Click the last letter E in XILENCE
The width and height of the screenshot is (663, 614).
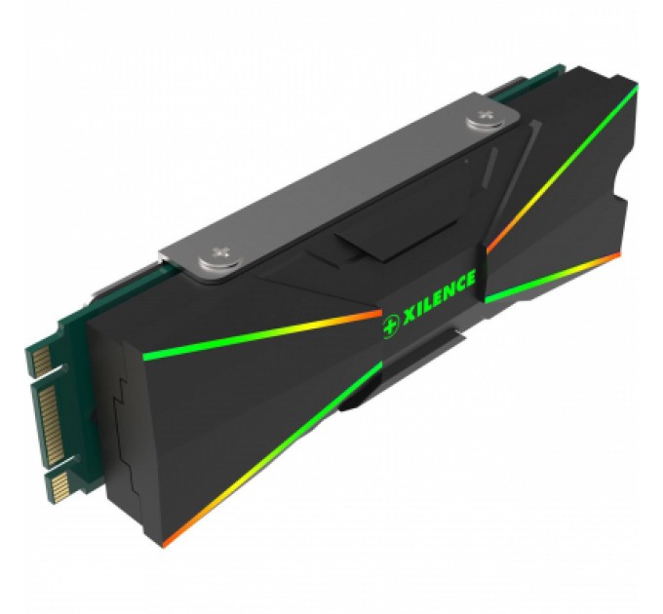pos(471,282)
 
